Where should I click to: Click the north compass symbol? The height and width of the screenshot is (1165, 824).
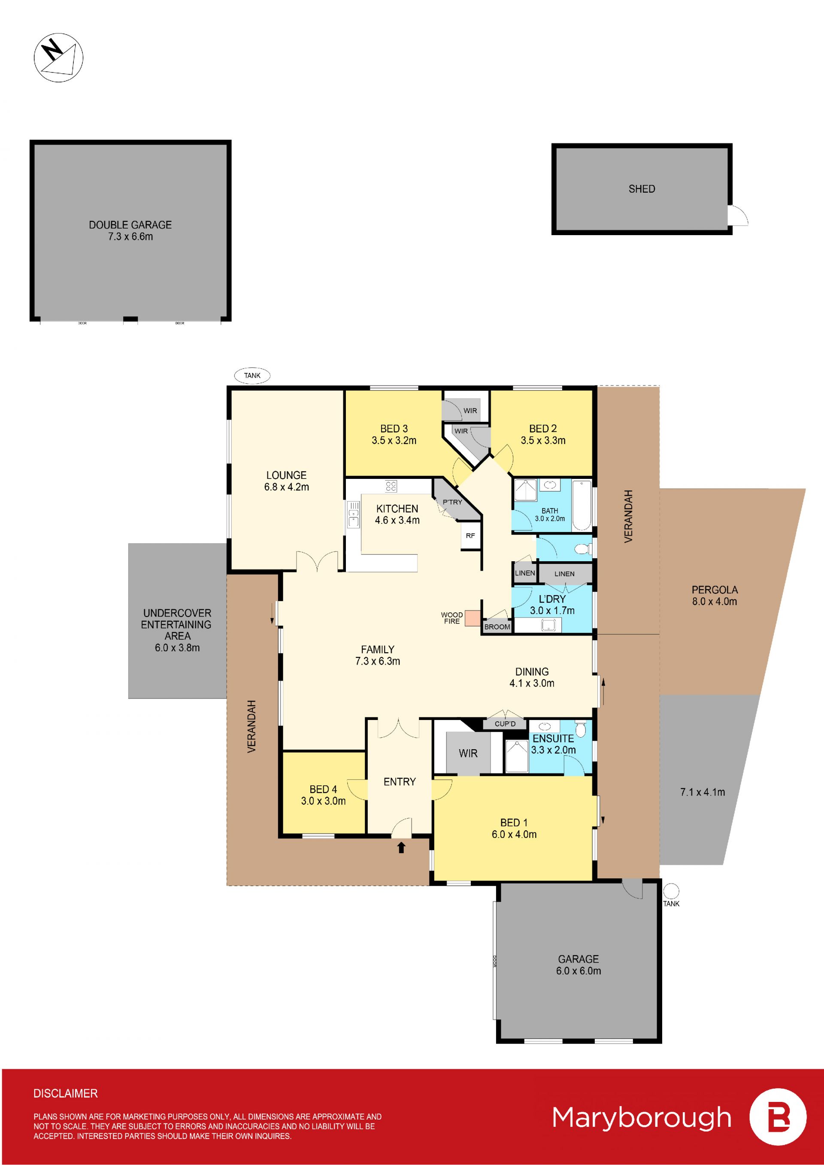[58, 57]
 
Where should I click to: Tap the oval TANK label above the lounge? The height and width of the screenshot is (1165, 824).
[252, 375]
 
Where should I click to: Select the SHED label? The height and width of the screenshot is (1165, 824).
[642, 189]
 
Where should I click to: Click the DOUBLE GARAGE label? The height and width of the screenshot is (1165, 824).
[130, 225]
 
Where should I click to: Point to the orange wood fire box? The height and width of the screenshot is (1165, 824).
[473, 618]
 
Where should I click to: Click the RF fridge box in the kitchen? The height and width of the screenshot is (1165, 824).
[470, 536]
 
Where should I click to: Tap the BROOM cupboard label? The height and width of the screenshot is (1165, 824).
[497, 626]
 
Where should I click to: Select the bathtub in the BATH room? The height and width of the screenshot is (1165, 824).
[582, 505]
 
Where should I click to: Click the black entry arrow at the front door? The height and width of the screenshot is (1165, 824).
[401, 847]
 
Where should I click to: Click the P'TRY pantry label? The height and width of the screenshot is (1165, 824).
[453, 502]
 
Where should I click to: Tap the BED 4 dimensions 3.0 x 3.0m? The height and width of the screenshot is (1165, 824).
[323, 801]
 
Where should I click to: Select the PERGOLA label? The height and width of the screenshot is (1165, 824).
[715, 590]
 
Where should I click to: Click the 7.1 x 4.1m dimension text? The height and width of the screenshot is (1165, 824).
[703, 792]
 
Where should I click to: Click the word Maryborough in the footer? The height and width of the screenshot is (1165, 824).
[642, 1118]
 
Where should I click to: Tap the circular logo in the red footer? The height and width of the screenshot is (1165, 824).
[778, 1117]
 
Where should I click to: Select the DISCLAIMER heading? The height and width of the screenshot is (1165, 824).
[66, 1093]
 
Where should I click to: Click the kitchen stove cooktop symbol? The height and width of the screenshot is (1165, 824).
[391, 486]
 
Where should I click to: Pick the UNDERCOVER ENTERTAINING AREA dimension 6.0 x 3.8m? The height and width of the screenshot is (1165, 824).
[177, 648]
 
